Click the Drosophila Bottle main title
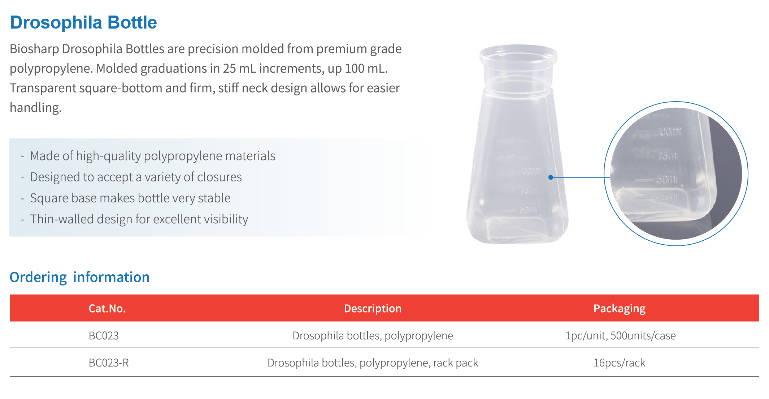point(83,22)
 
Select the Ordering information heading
point(79,277)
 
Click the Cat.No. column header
point(107,308)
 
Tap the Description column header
point(373,308)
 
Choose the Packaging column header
point(620,309)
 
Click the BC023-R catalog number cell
point(109,362)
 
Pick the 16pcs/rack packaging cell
point(620,362)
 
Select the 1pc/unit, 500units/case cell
point(620,335)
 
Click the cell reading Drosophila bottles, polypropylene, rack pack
point(373,362)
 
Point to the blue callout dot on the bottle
point(551,177)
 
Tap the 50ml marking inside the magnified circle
point(666,179)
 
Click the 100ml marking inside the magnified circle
point(669,132)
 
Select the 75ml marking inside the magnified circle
point(668,156)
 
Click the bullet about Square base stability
point(130,198)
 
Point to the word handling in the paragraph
point(35,107)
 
